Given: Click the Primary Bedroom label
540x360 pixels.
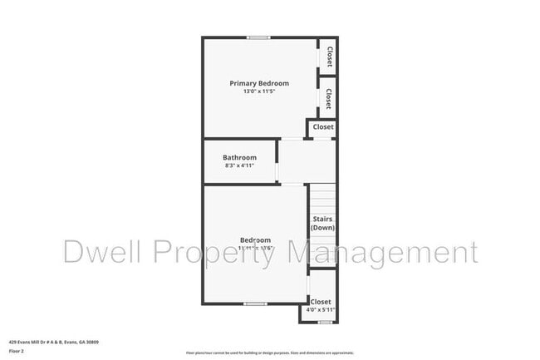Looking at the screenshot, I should point(259,83).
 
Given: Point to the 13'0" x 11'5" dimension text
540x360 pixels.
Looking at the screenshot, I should point(259,91).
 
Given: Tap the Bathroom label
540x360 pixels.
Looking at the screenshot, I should point(239,157).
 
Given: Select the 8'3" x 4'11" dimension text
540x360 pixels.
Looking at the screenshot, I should point(239,165).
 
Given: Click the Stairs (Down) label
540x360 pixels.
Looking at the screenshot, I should point(322,223).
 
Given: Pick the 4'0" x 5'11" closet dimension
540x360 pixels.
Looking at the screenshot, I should point(320,310).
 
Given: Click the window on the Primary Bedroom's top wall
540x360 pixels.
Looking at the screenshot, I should point(258,37).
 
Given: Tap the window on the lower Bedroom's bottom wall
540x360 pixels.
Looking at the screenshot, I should point(254,304).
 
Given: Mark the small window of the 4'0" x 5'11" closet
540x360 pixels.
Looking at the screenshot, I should point(326,322).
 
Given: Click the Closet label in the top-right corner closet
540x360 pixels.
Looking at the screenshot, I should point(329,57).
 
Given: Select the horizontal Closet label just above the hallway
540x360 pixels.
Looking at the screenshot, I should point(322,127).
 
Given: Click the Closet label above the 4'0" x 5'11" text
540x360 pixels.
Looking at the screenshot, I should point(321,302).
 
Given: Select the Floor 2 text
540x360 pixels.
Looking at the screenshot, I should point(17,352).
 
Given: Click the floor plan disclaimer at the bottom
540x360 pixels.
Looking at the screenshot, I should point(269,353).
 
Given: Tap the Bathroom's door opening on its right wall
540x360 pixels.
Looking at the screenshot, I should point(278,162).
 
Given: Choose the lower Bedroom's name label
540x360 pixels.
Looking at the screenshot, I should point(255,240).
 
